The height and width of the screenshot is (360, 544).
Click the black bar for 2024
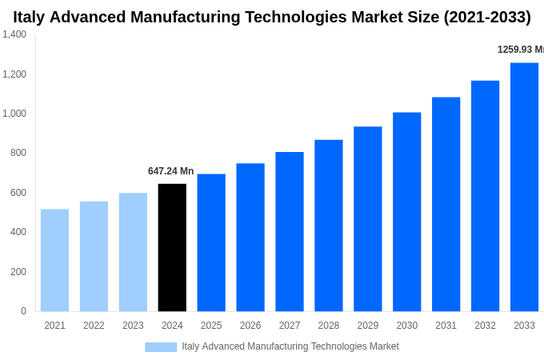tap(172, 247)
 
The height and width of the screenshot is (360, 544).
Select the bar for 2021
tap(54, 260)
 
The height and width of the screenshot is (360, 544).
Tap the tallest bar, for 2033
tap(524, 186)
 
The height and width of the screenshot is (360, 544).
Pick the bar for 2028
tap(328, 225)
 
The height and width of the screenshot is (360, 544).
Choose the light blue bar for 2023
tap(133, 252)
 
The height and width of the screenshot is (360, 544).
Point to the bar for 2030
tap(406, 211)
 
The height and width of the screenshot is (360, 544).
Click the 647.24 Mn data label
tap(170, 171)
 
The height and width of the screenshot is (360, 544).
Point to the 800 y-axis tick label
tap(18, 153)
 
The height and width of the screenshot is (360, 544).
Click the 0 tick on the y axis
tap(23, 311)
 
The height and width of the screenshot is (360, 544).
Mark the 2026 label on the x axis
tap(250, 326)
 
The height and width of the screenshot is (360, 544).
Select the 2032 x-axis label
tap(485, 326)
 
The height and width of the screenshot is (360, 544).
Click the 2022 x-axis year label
tap(94, 326)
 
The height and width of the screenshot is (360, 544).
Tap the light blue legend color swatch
tap(160, 347)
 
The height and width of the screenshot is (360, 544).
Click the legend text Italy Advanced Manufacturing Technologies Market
tap(290, 346)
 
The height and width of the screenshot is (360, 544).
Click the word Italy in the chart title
tap(29, 17)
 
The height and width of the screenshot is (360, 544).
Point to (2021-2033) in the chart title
tap(486, 17)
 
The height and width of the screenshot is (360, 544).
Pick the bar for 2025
tap(211, 242)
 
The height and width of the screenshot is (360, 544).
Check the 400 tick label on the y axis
tap(18, 232)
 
